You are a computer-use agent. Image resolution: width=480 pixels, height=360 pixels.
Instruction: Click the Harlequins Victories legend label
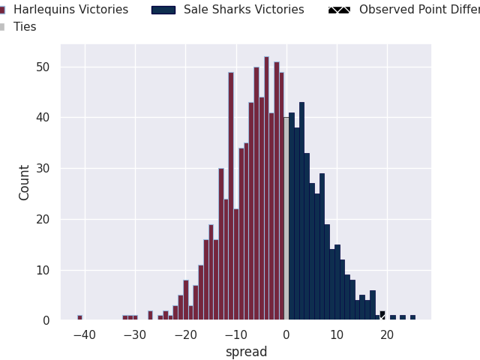pyautogui.click(x=70, y=10)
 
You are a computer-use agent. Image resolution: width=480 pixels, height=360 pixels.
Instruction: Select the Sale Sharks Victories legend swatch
pyautogui.click(x=163, y=10)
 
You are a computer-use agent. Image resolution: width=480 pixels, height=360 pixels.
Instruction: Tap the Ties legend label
pyautogui.click(x=25, y=27)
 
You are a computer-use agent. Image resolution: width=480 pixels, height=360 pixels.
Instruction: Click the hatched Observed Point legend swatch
pyautogui.click(x=339, y=10)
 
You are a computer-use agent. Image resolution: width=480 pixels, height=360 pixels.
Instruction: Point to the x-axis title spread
pyautogui.click(x=246, y=352)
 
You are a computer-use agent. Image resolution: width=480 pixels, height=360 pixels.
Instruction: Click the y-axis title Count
pyautogui.click(x=25, y=182)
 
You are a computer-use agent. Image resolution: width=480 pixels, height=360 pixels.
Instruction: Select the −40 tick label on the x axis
pyautogui.click(x=84, y=334)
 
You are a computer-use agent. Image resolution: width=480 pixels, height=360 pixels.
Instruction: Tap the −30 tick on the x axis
pyautogui.click(x=134, y=334)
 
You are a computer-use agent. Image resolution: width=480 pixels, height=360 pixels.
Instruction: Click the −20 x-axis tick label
pyautogui.click(x=184, y=334)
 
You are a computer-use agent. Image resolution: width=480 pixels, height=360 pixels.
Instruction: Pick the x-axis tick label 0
pyautogui.click(x=286, y=334)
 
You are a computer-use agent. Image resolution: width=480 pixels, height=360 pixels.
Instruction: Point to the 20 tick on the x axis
pyautogui.click(x=387, y=334)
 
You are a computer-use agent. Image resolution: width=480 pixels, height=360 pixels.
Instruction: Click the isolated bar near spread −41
pyautogui.click(x=79, y=317)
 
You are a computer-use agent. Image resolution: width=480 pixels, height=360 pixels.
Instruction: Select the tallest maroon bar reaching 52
pyautogui.click(x=266, y=188)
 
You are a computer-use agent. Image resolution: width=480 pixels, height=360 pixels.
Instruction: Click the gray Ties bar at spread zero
pyautogui.click(x=286, y=218)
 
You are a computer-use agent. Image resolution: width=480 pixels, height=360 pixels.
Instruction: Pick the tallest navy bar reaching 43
pyautogui.click(x=301, y=211)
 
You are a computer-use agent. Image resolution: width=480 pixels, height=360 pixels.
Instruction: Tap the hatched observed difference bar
pyautogui.click(x=382, y=316)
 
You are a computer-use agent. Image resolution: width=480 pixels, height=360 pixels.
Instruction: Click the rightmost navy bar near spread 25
pyautogui.click(x=412, y=317)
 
